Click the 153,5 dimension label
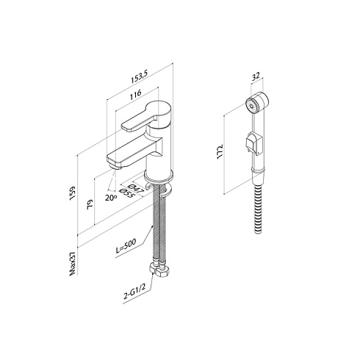pyautogui.click(x=139, y=78)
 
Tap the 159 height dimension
pyautogui.click(x=73, y=194)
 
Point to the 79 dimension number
pyautogui.click(x=90, y=204)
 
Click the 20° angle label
pyautogui.click(x=111, y=198)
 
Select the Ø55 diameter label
pyautogui.click(x=126, y=193)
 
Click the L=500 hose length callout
pyautogui.click(x=126, y=245)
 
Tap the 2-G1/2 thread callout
pyautogui.click(x=134, y=292)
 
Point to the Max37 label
pyautogui.click(x=73, y=263)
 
